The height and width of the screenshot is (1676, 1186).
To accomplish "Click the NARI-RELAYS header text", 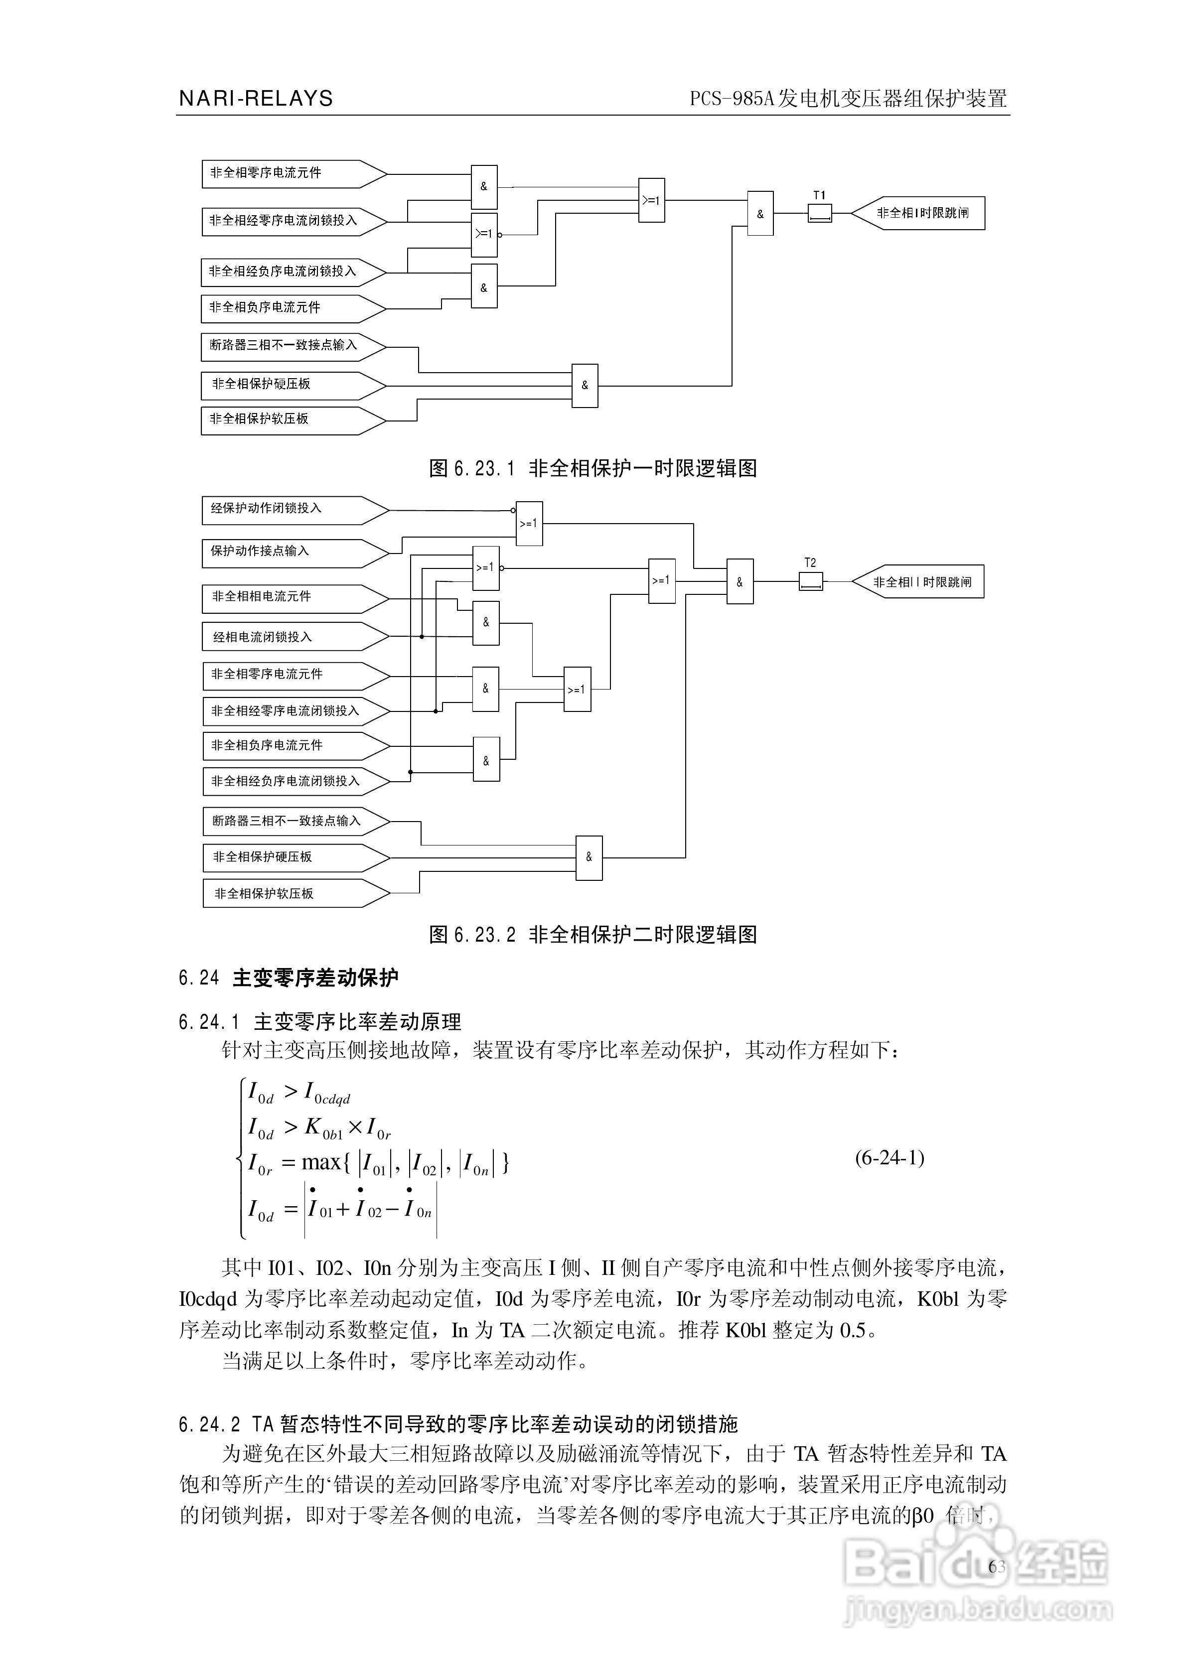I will click(256, 99).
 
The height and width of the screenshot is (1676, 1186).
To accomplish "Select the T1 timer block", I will click(819, 213).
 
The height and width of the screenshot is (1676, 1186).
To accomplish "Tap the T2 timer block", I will click(811, 582).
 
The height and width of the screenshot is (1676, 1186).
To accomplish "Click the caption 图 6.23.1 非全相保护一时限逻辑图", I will click(593, 468).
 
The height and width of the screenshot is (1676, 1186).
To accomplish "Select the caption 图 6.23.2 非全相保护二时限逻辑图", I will click(593, 934).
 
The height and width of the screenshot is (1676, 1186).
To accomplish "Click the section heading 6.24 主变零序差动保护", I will click(289, 978).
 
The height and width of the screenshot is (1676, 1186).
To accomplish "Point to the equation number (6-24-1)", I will click(889, 1158).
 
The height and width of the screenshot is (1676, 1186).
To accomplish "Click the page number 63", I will click(997, 1566).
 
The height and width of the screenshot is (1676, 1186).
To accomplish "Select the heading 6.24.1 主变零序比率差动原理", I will click(320, 1021).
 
